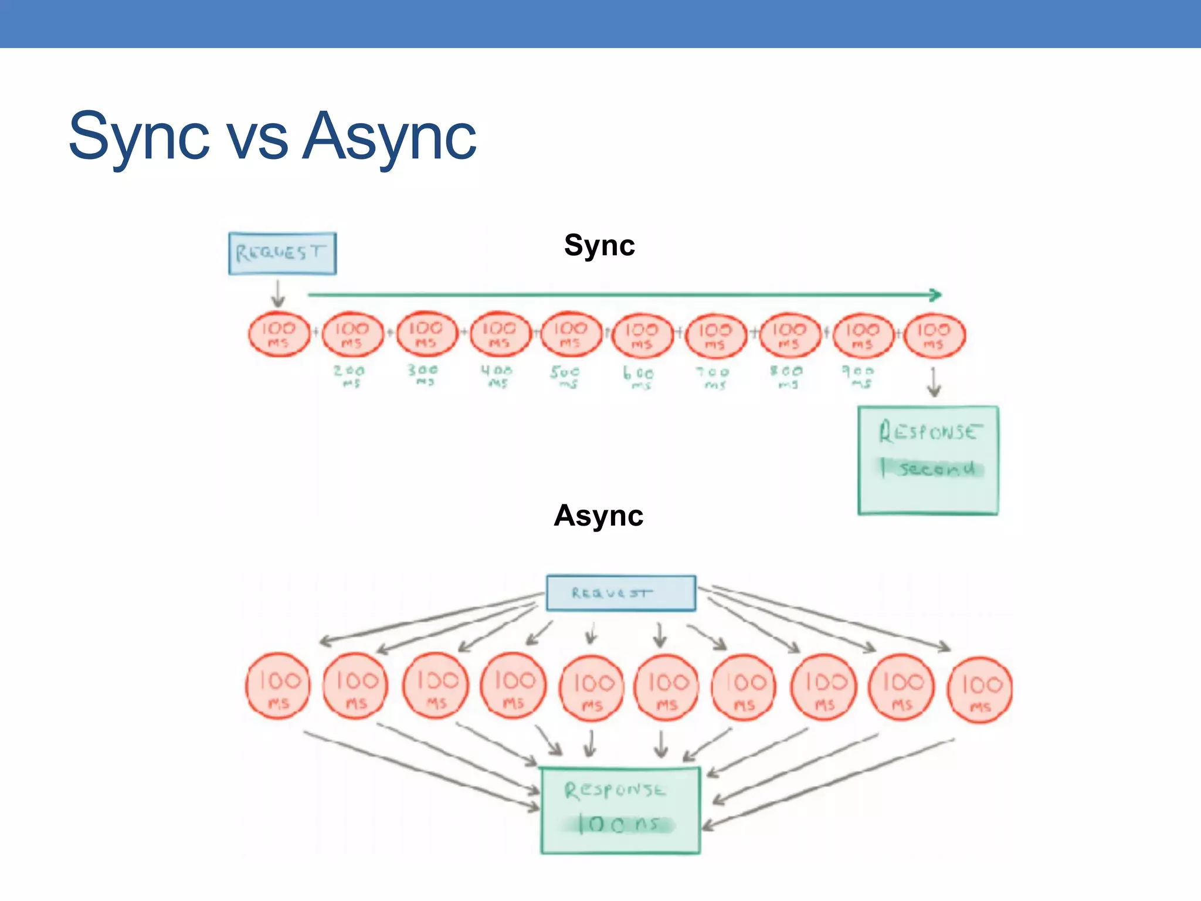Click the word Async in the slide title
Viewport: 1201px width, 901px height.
(389, 138)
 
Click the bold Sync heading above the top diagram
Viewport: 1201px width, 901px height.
(599, 245)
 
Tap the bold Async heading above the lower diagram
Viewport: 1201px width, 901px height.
(598, 516)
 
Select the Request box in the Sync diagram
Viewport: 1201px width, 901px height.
(282, 253)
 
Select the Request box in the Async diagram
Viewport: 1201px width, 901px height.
(620, 593)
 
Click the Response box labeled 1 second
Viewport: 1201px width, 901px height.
(928, 460)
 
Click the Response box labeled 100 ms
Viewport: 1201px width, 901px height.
(620, 810)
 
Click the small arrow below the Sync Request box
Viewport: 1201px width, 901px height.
(278, 293)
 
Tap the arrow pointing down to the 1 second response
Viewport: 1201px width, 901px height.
(934, 382)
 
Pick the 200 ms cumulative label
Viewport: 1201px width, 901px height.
(350, 376)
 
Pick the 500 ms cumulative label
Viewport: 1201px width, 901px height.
(565, 377)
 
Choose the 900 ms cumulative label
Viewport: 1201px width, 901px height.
(859, 377)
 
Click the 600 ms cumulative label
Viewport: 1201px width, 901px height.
(639, 377)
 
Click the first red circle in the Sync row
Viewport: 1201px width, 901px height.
(279, 334)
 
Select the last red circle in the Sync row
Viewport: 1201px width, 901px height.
(934, 336)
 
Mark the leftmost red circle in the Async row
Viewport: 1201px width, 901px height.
(278, 686)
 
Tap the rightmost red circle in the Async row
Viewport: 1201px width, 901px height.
(979, 690)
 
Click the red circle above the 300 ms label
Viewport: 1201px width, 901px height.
(426, 334)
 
